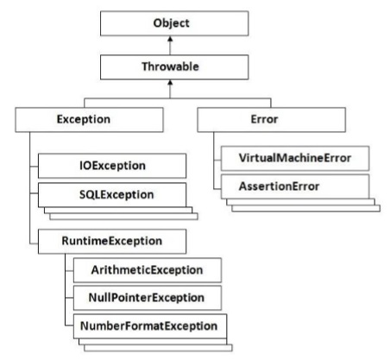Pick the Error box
point(286,119)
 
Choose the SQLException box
point(112,194)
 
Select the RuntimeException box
point(112,239)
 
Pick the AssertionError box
point(293,187)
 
